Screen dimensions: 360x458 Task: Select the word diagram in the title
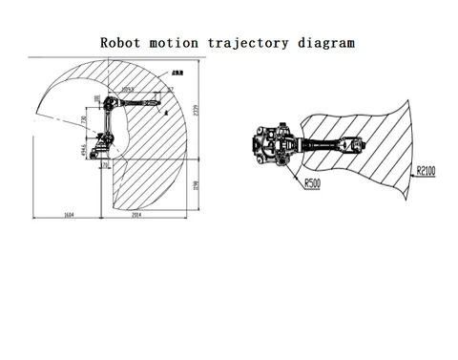[x=323, y=43]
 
